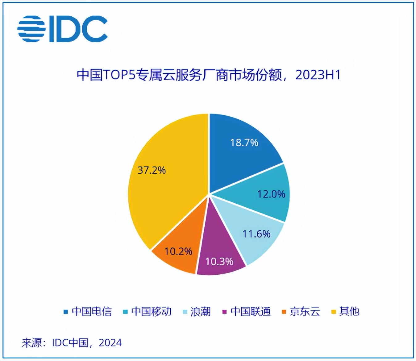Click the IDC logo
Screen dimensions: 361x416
click(63, 29)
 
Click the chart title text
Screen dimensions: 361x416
click(209, 75)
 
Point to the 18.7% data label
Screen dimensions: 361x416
click(244, 143)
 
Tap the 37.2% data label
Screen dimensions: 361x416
click(152, 170)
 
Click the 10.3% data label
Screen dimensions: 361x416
click(219, 262)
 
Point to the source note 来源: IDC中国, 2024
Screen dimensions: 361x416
click(72, 342)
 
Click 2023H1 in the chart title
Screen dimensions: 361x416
click(318, 75)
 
